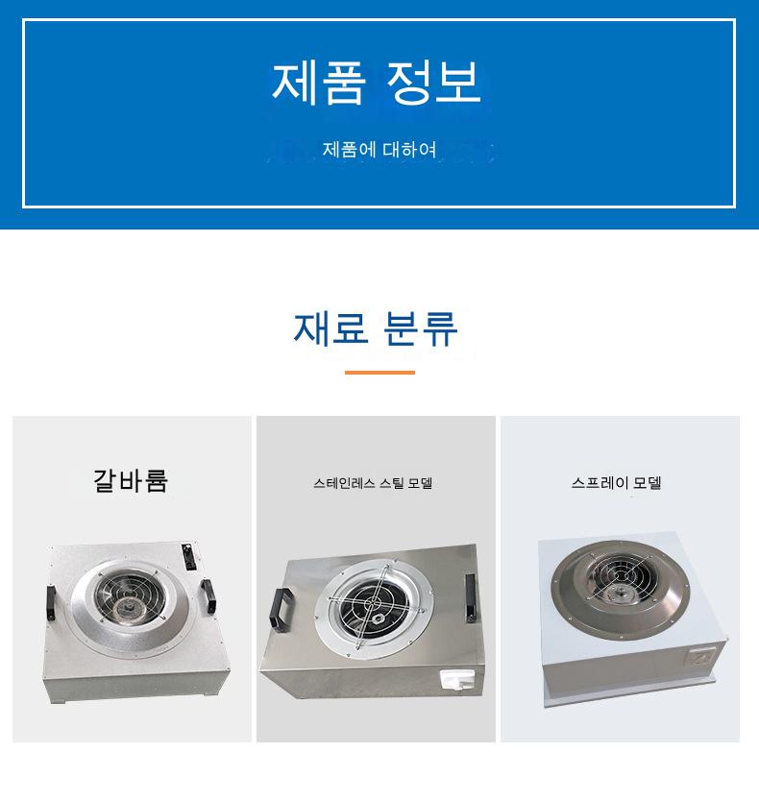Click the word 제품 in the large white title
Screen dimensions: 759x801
(318, 83)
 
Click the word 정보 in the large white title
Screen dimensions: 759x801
(433, 83)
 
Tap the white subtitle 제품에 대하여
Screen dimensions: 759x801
(379, 149)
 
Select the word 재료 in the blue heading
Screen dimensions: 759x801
(331, 328)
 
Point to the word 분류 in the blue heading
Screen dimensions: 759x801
(420, 328)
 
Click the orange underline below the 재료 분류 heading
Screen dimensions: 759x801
(379, 373)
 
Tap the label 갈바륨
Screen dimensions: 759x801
(131, 481)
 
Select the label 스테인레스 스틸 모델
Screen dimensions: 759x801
(373, 483)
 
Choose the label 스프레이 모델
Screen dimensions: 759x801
(617, 483)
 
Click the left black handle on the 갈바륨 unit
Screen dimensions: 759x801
(51, 603)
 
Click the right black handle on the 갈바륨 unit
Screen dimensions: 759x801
(208, 596)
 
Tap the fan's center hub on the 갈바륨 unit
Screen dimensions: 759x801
(125, 608)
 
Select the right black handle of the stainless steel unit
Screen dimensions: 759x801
(471, 597)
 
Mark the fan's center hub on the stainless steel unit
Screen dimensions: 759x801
(379, 619)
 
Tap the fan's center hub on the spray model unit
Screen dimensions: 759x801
(620, 594)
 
